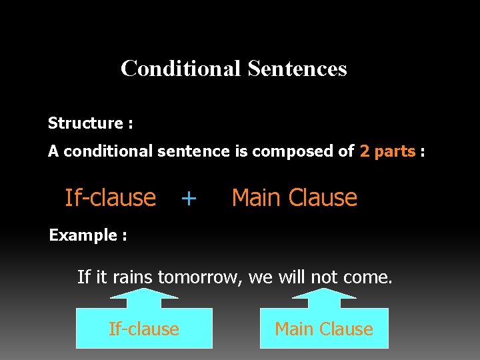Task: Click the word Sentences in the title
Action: click(297, 69)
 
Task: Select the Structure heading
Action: click(90, 123)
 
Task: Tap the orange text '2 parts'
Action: click(387, 151)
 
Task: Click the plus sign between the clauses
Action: click(189, 198)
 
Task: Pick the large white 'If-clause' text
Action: click(110, 198)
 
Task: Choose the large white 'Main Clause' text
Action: click(294, 198)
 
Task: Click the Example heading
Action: click(88, 235)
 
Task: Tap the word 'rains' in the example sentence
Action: click(132, 277)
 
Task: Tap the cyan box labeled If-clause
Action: click(144, 329)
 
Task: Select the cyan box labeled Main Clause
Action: click(324, 329)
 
